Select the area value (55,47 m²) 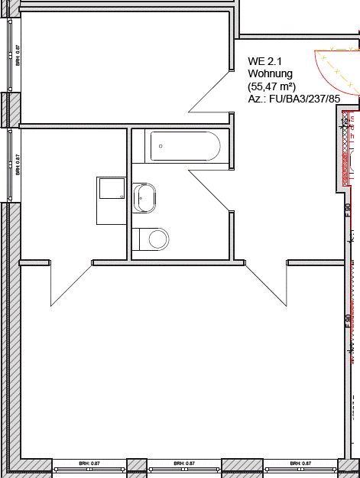click(272, 86)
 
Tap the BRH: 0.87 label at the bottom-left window click(90, 463)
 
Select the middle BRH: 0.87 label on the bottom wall click(183, 463)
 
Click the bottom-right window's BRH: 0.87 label click(300, 463)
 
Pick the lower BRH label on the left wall click(18, 166)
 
